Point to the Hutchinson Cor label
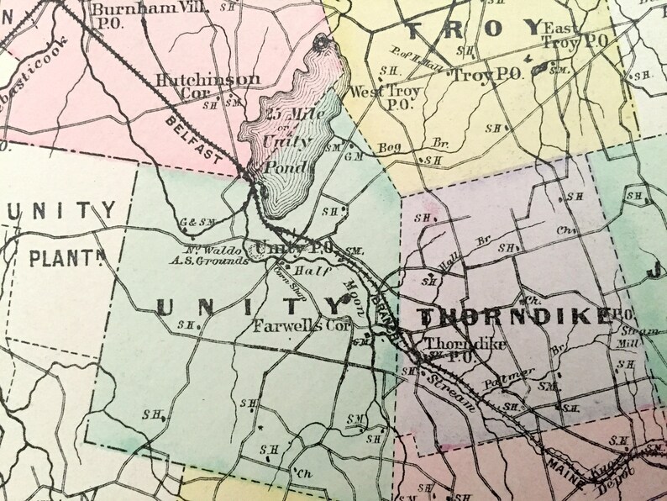click(197, 86)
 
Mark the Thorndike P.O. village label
click(454, 351)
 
